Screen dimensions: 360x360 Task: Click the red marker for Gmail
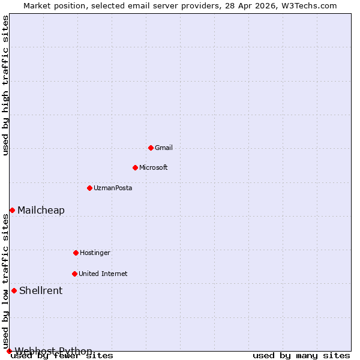(151, 148)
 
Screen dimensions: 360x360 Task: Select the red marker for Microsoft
(135, 167)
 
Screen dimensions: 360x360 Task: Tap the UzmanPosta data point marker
(89, 188)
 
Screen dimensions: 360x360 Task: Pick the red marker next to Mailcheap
(12, 210)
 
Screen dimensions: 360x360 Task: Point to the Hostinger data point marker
(76, 253)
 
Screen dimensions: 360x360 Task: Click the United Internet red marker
(74, 274)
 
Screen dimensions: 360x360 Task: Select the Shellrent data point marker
(14, 290)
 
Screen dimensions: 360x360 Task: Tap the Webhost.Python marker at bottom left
(9, 351)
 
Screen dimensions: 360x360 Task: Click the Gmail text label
(164, 148)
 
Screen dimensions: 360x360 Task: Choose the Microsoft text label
(154, 167)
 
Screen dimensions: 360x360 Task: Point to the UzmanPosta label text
(113, 188)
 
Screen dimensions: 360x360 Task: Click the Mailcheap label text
(41, 210)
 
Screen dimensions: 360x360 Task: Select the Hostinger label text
(95, 253)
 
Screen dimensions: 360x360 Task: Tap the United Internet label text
(103, 274)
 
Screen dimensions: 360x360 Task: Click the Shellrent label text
(41, 290)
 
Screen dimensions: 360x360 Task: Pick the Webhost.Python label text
(53, 351)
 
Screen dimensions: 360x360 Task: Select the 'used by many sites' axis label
(301, 356)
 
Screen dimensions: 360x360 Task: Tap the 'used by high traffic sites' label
(6, 86)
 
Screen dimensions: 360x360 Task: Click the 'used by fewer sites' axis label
(62, 356)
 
